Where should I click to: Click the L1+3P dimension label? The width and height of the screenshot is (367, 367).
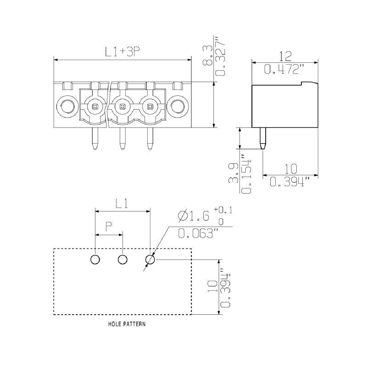coord(122,52)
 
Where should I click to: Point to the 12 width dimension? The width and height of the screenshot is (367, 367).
coord(285,56)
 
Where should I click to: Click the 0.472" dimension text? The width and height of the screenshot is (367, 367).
coord(285,69)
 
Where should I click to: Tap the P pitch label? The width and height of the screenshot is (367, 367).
coord(109,226)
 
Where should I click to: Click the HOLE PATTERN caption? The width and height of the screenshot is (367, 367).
coord(127,324)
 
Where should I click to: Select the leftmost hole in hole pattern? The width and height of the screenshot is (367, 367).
coord(95,260)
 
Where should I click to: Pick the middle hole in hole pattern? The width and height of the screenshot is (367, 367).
coord(122,260)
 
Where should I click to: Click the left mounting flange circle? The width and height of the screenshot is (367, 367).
coord(67,106)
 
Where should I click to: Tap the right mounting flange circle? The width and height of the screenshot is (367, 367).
coord(177,106)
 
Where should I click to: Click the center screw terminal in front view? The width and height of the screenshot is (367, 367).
coord(122,106)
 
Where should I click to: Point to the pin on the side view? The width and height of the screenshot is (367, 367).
coord(263,139)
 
